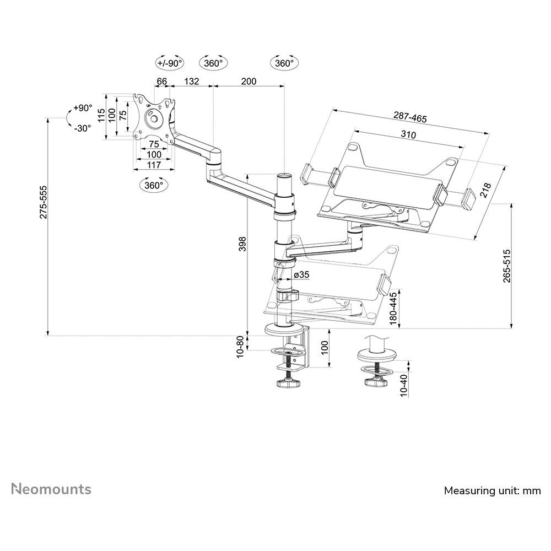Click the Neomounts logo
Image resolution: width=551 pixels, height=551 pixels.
click(x=51, y=489)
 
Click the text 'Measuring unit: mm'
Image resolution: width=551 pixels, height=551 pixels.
click(x=493, y=490)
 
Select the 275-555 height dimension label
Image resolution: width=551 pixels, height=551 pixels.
click(x=43, y=202)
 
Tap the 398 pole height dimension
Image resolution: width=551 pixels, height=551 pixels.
click(x=242, y=244)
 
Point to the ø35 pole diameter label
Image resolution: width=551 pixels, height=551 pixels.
click(x=300, y=274)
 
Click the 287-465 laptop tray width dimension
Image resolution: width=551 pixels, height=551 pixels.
click(x=409, y=117)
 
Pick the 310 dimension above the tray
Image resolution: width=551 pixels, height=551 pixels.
click(x=408, y=134)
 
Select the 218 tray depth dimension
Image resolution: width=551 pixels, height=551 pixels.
click(x=484, y=191)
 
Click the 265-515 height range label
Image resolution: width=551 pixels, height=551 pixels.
click(x=507, y=266)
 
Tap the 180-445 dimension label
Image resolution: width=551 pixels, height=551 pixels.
click(x=393, y=309)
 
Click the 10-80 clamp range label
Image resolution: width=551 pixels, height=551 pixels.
click(x=240, y=347)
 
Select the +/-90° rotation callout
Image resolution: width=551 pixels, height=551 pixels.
click(x=170, y=63)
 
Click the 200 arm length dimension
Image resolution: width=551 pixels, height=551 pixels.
click(x=249, y=81)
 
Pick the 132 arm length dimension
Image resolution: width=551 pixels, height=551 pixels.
click(x=191, y=81)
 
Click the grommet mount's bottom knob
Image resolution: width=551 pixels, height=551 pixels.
click(x=376, y=382)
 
